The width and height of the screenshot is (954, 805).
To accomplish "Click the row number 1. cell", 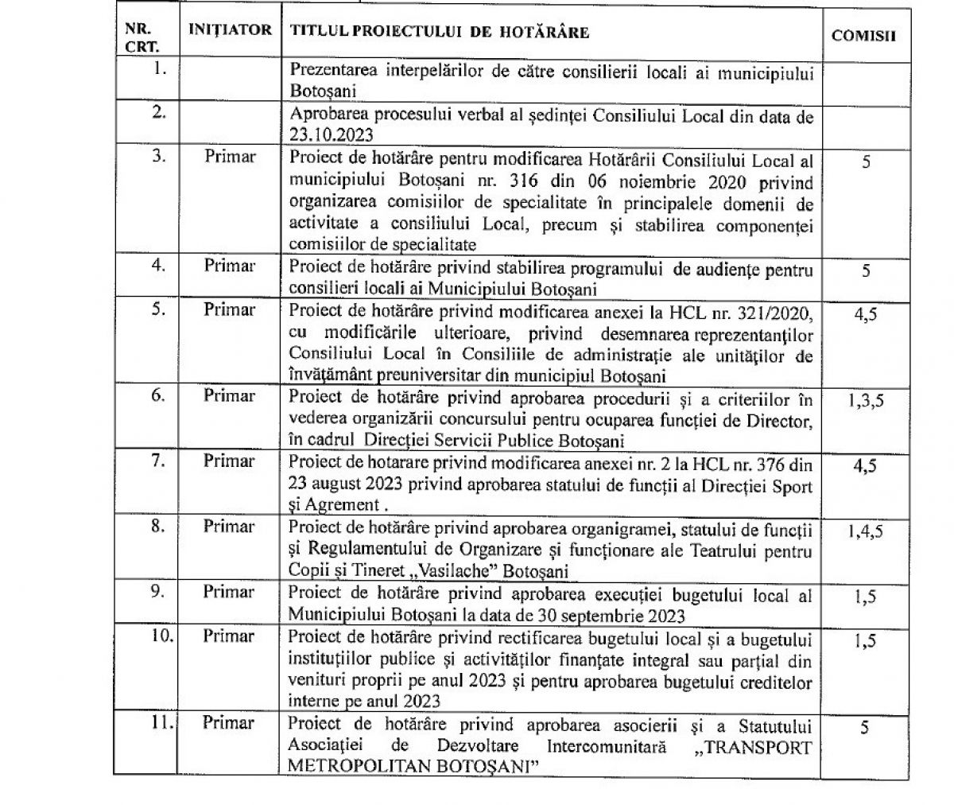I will click(x=159, y=69).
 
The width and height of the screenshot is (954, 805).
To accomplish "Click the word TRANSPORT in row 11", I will click(x=763, y=748).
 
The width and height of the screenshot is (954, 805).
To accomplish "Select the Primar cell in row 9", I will click(x=229, y=593).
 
